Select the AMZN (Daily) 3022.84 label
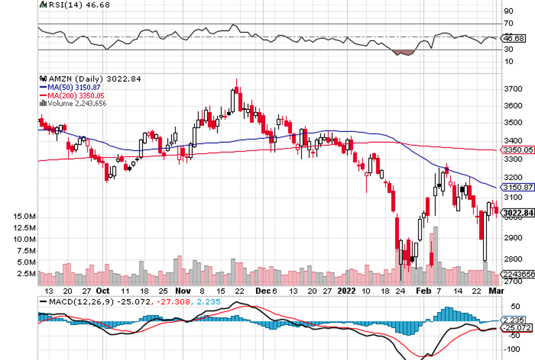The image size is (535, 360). click(93, 79)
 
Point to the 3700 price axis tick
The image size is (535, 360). click(513, 89)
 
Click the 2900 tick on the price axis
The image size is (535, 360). click(513, 238)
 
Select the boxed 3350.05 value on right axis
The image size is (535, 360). click(517, 150)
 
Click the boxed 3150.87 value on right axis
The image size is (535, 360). click(517, 187)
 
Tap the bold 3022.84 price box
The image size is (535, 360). click(518, 213)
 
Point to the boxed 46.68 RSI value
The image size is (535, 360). click(512, 38)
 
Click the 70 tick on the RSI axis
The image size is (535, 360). click(508, 23)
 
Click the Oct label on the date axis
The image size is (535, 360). click(103, 290)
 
